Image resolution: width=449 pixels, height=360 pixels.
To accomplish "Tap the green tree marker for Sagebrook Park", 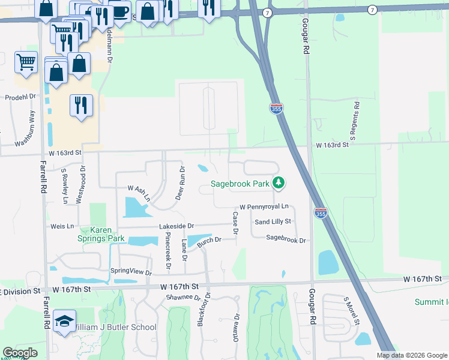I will coord(278,182).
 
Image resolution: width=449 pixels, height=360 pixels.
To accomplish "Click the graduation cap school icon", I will coord(64,322).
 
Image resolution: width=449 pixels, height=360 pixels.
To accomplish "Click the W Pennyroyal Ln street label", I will coord(265,206).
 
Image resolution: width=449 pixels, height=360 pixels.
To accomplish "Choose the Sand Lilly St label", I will coord(273,221).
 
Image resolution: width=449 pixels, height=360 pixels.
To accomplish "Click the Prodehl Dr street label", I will coord(21,97).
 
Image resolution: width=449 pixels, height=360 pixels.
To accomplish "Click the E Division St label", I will coord(20,291).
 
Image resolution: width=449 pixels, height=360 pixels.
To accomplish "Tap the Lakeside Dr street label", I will coord(176,226).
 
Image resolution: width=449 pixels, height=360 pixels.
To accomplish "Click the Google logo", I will coord(20,353).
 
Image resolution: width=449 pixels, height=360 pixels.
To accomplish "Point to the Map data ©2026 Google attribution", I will coord(411,355).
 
